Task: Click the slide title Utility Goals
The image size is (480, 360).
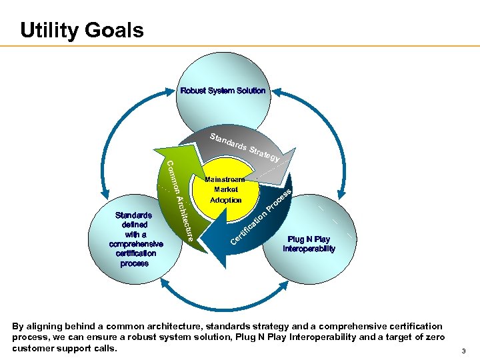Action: [x=81, y=30]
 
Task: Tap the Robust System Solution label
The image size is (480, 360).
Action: [x=223, y=91]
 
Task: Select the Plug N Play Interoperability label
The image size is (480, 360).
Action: [x=309, y=244]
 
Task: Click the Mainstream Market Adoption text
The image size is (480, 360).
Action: [x=225, y=189]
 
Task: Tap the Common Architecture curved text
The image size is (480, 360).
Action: [x=179, y=199]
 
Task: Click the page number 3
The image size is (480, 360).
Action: [x=463, y=351]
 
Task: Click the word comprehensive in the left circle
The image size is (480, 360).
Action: [x=135, y=244]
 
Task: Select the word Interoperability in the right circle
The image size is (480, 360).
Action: [x=309, y=249]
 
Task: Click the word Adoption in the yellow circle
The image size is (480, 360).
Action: [x=225, y=200]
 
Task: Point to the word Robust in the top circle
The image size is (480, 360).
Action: [x=193, y=91]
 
